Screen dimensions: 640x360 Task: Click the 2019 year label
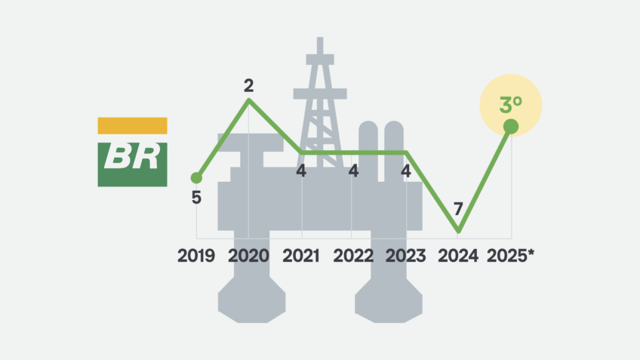point(196,256)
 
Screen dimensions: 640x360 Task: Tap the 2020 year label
point(248,256)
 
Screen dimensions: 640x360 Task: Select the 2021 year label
point(301,256)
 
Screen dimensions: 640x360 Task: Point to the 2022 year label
point(353,256)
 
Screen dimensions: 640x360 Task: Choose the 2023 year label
point(406,256)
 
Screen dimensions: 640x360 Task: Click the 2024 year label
point(458,256)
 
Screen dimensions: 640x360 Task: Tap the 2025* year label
point(510,256)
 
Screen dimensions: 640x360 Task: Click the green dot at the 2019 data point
point(196,178)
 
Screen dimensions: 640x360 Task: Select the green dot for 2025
point(511,127)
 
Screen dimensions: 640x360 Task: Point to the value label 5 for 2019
point(196,198)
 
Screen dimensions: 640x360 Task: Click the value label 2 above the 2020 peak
point(248,86)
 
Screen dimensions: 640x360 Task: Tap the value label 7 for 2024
point(458,209)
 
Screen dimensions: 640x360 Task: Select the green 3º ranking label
point(511,105)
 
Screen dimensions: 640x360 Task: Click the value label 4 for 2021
point(301,171)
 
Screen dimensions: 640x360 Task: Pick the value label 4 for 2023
point(406,171)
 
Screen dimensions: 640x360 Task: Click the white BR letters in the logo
point(132,157)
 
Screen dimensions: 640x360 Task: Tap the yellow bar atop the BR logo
point(132,126)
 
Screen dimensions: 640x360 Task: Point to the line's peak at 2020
point(249,100)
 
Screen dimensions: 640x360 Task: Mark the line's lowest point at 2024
point(458,232)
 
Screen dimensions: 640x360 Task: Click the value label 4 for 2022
point(353,171)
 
